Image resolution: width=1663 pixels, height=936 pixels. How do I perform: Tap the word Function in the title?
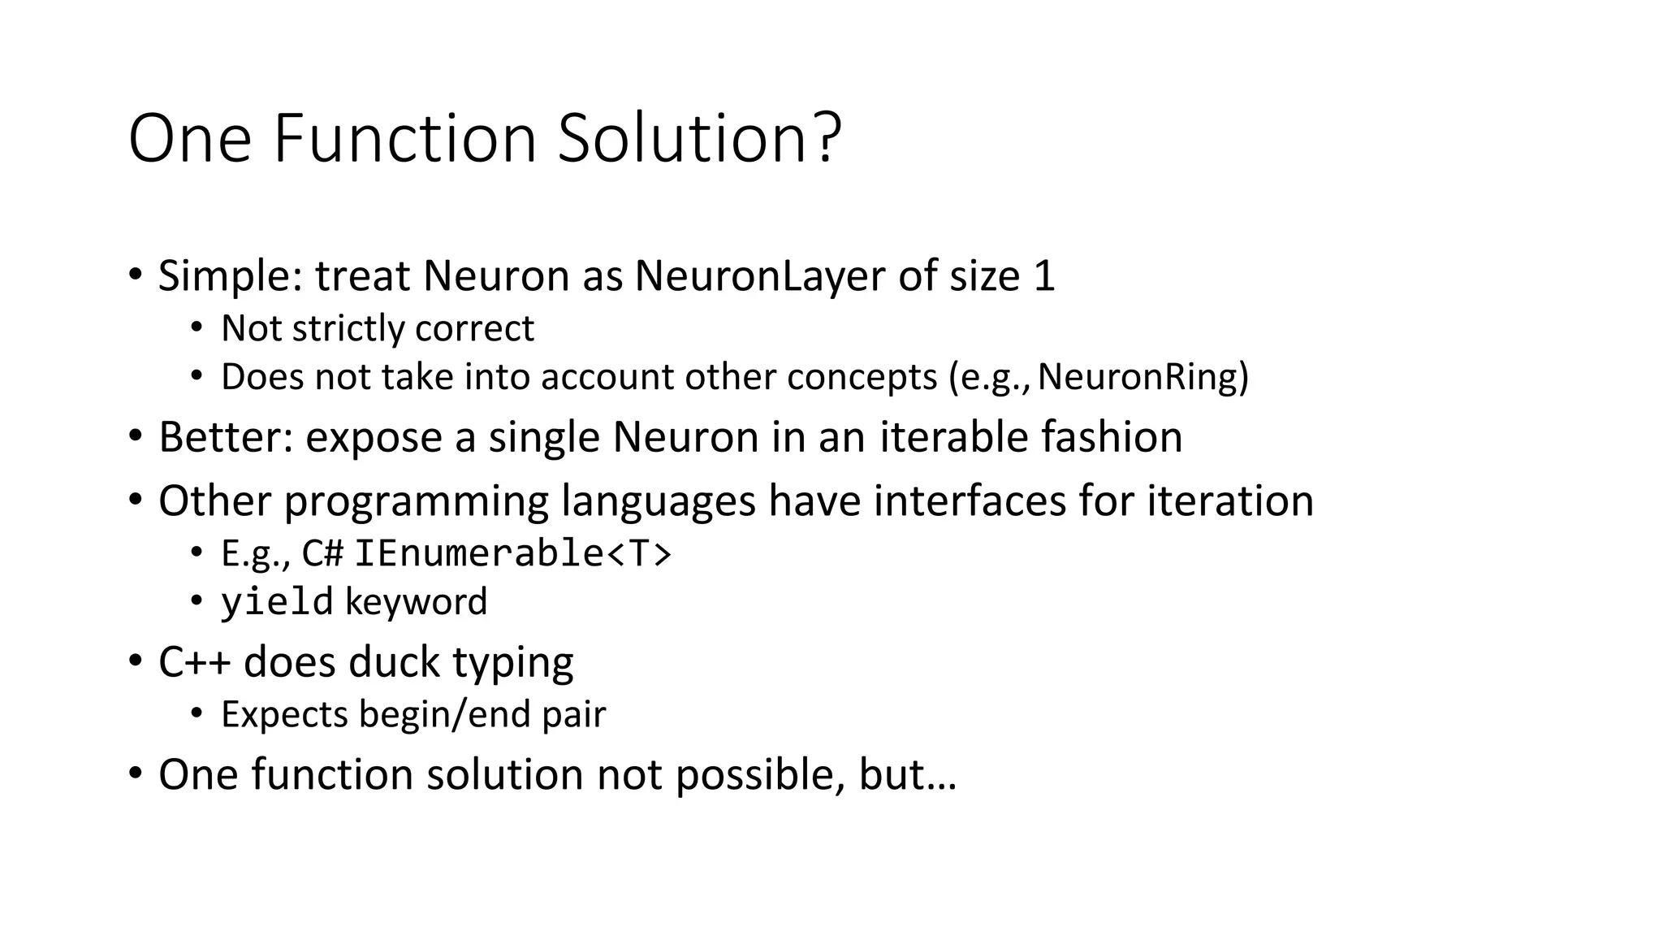click(404, 138)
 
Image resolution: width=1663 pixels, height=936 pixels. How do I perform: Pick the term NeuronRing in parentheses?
click(1137, 377)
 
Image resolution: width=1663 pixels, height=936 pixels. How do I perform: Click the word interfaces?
click(970, 500)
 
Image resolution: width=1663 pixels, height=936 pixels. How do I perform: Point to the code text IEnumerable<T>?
click(513, 554)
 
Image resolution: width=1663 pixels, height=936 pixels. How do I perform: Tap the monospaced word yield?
click(277, 602)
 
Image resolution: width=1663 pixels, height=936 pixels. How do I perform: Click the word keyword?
click(417, 602)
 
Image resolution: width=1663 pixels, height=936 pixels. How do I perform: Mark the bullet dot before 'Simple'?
click(135, 274)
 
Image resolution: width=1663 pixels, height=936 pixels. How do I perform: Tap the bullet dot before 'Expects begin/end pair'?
click(196, 713)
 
